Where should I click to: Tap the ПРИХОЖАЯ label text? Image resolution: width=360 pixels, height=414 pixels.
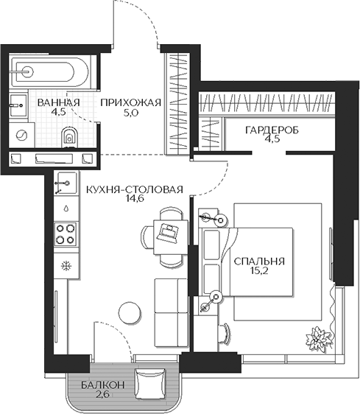(x=130, y=102)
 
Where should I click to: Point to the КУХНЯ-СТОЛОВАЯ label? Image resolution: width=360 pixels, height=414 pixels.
(x=134, y=189)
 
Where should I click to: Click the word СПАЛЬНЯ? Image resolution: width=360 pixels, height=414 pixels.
(x=258, y=262)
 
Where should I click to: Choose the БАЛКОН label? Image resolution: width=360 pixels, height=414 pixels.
(x=98, y=385)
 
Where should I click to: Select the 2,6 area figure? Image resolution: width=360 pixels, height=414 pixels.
(x=98, y=396)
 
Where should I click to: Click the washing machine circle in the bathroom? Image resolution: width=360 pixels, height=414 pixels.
(x=24, y=136)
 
